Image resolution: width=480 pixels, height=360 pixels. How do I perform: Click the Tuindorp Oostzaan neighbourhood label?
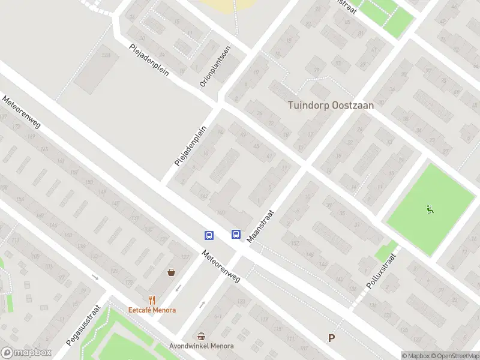click(x=331, y=105)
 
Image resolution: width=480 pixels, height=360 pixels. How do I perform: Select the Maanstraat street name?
click(x=260, y=226)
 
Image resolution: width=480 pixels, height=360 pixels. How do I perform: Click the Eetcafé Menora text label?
click(x=152, y=310)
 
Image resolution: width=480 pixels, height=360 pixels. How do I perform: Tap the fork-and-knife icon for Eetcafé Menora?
click(x=152, y=300)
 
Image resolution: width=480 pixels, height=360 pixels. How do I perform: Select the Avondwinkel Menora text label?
click(x=202, y=346)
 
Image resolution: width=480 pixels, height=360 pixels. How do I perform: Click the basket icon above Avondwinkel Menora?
click(x=202, y=336)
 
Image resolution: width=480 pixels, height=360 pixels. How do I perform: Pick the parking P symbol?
click(x=331, y=338)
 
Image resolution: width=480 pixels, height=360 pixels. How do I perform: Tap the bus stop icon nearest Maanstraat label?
click(x=236, y=235)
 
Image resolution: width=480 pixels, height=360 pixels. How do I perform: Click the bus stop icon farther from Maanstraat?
click(x=209, y=235)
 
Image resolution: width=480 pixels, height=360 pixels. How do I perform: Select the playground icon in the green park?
click(x=430, y=209)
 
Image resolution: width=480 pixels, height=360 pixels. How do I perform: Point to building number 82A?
click(x=107, y=55)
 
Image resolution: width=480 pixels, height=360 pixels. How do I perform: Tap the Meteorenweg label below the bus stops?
click(x=221, y=266)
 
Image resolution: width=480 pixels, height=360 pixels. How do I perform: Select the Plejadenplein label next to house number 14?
click(x=190, y=146)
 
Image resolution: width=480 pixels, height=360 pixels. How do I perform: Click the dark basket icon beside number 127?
click(x=172, y=272)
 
